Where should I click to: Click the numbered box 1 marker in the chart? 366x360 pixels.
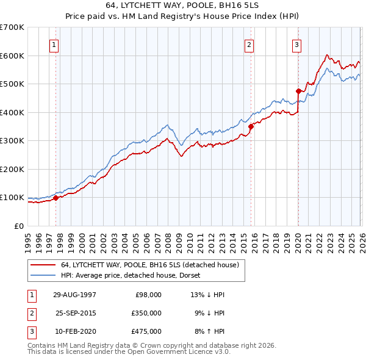[55, 45]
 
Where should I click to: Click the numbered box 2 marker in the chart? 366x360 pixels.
[249, 45]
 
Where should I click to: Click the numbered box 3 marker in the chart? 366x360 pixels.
[296, 45]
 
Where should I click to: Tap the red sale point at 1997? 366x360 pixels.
[56, 198]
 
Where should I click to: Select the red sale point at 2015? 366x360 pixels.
[251, 127]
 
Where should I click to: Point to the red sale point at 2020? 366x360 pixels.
[298, 92]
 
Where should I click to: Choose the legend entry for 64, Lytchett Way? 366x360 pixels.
[152, 265]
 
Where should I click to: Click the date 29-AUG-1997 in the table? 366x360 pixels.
[74, 294]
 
